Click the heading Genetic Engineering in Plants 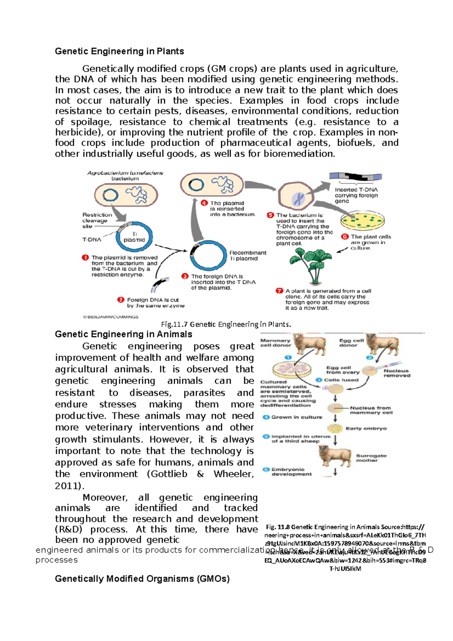click(119, 51)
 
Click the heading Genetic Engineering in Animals click(123, 334)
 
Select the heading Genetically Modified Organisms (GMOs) click(142, 579)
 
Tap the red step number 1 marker click(85, 257)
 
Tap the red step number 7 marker click(279, 291)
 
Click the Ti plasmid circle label click(134, 237)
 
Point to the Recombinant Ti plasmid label click(247, 256)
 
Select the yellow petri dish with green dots click(362, 222)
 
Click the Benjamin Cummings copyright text click(111, 317)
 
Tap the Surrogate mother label click(371, 458)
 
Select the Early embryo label click(366, 428)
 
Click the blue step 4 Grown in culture click(293, 417)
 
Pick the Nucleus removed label click(396, 373)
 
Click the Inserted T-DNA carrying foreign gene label click(356, 195)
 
